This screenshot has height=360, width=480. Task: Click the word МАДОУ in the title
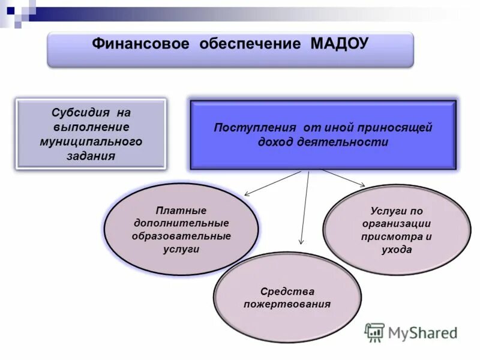[340, 44]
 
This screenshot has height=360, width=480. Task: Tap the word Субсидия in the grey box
[78, 113]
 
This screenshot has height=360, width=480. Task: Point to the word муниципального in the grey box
[91, 142]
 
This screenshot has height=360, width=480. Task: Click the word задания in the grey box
[91, 156]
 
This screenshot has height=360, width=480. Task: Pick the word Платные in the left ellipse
[181, 211]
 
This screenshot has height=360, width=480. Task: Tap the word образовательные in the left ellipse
[181, 236]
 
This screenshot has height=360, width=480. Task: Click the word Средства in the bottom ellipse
[287, 292]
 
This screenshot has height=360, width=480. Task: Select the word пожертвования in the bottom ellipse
[287, 304]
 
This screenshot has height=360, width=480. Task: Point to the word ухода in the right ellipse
[396, 250]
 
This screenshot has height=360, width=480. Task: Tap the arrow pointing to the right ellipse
[343, 178]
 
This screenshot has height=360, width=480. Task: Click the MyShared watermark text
[422, 332]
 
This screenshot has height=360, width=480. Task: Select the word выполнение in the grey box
[91, 127]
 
